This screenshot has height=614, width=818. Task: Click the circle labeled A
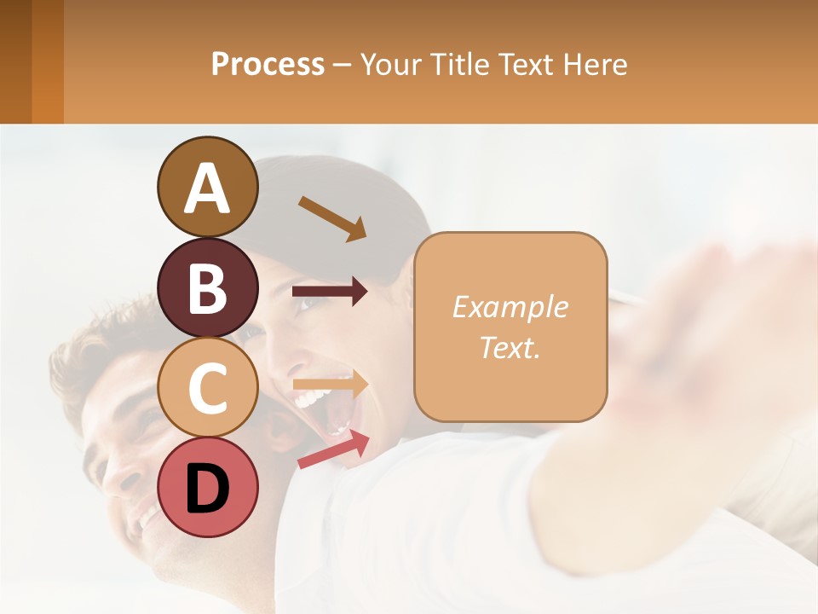tap(207, 187)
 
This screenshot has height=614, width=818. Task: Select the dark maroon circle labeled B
tap(207, 287)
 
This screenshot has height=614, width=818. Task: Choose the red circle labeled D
tap(207, 487)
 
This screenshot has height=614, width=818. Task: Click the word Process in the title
tap(268, 65)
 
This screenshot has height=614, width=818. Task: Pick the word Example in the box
tap(510, 307)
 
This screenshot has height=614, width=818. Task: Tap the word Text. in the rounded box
tap(510, 347)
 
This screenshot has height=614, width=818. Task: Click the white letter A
tap(207, 188)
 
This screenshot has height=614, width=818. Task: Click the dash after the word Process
tap(342, 66)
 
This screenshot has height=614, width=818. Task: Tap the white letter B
tap(207, 288)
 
